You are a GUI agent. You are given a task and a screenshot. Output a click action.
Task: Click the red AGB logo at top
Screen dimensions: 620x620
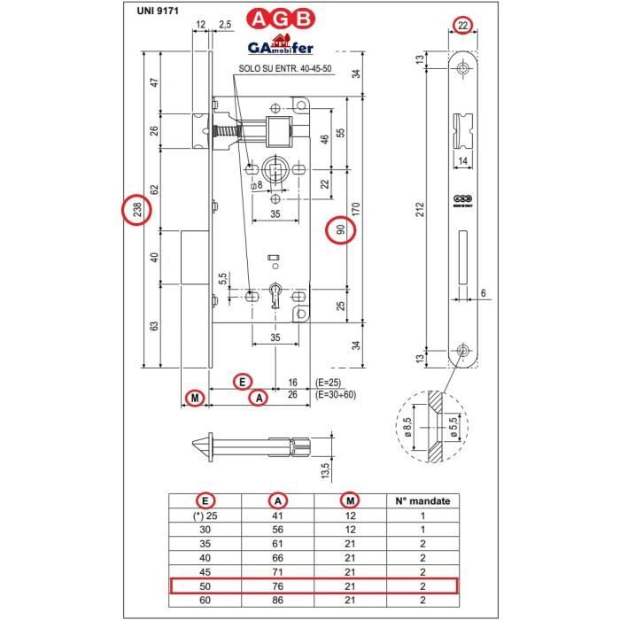tap(282, 19)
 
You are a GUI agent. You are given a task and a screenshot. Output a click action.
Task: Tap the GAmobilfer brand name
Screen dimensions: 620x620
tap(280, 46)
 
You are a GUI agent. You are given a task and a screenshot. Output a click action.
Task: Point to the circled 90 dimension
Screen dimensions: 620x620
tap(341, 229)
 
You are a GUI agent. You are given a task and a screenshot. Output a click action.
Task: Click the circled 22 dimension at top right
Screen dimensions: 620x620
tap(463, 26)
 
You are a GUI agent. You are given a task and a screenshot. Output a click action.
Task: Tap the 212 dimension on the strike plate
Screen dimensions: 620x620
tap(420, 209)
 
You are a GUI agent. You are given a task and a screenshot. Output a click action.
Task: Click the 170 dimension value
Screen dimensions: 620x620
tap(356, 209)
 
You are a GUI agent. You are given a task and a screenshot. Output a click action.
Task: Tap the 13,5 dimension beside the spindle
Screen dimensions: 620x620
tap(324, 467)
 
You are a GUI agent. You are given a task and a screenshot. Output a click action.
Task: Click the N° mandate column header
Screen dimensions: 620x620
tap(422, 500)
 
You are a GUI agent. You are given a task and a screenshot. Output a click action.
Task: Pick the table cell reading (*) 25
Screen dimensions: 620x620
tap(205, 515)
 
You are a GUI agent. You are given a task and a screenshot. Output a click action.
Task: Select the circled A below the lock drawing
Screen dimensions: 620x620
tap(259, 399)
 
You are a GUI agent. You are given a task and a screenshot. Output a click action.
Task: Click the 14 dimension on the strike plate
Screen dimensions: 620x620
tap(463, 160)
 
